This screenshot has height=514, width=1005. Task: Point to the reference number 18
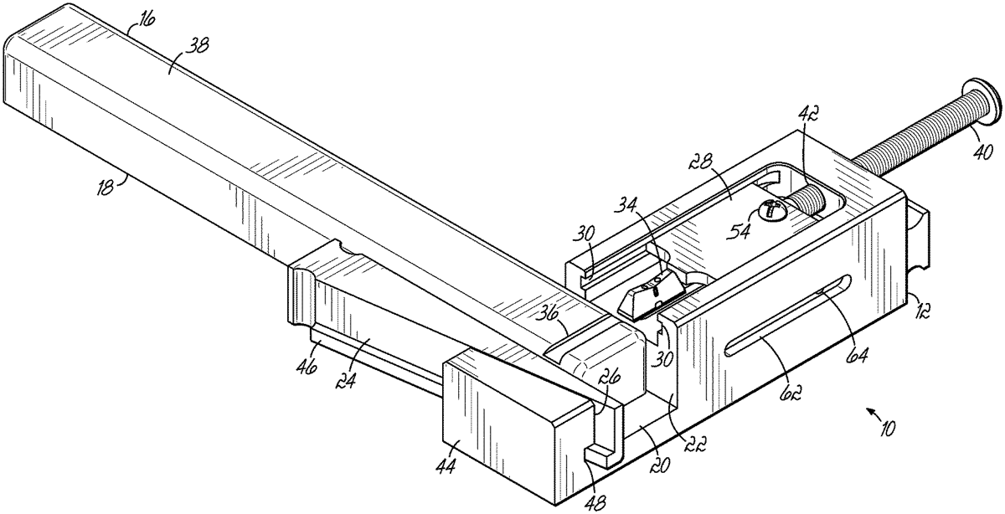tap(105, 187)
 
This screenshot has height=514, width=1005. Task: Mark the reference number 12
tap(918, 311)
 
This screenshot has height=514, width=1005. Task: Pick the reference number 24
tap(347, 382)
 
